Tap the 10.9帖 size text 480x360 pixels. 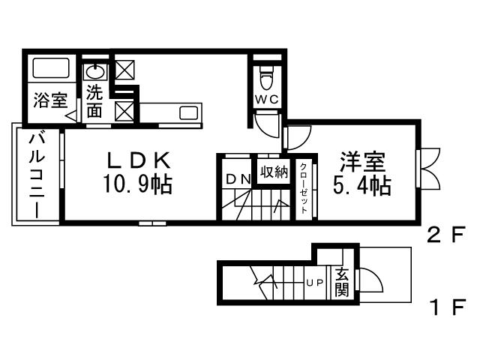[139, 184]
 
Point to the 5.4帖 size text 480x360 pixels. [362, 184]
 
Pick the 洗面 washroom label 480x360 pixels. [94, 101]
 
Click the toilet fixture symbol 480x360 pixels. [266, 76]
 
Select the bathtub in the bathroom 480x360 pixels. [50, 70]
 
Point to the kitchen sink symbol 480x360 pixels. [188, 113]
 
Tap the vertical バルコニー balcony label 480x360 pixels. [36, 175]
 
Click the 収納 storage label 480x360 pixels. [274, 172]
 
